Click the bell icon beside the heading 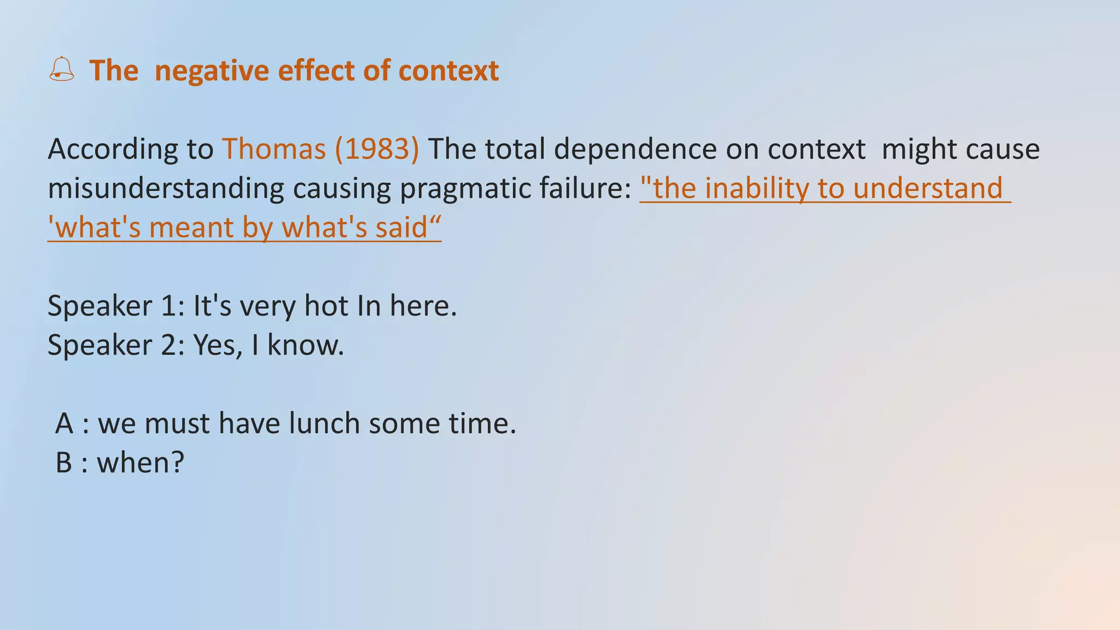pyautogui.click(x=61, y=69)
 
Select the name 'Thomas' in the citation pyautogui.click(x=274, y=149)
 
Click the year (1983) pyautogui.click(x=377, y=149)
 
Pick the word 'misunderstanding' pyautogui.click(x=166, y=188)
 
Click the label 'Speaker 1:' pyautogui.click(x=116, y=306)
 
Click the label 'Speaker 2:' pyautogui.click(x=116, y=345)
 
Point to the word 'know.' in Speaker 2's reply pyautogui.click(x=306, y=345)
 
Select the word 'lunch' pyautogui.click(x=324, y=423)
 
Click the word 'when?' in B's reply pyautogui.click(x=141, y=463)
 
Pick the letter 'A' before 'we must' pyautogui.click(x=65, y=423)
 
